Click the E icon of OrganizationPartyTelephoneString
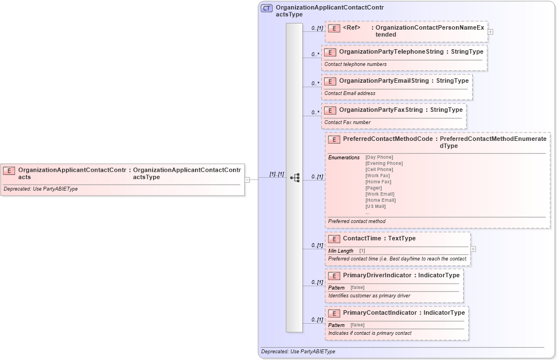pos(330,52)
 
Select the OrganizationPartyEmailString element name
pos(383,81)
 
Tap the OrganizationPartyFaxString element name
pos(380,110)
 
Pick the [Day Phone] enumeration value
pos(379,158)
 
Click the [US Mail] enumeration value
pos(375,206)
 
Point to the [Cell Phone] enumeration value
pos(379,169)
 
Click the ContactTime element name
pos(362,239)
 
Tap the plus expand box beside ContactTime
pos(473,249)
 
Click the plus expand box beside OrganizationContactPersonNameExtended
pos(491,32)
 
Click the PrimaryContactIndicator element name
pos(379,313)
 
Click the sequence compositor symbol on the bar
pos(294,178)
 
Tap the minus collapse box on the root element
pos(247,179)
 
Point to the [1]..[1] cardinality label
pos(277,174)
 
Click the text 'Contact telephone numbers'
pos(355,64)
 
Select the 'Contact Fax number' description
pos(347,122)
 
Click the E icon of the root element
pos(9,170)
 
